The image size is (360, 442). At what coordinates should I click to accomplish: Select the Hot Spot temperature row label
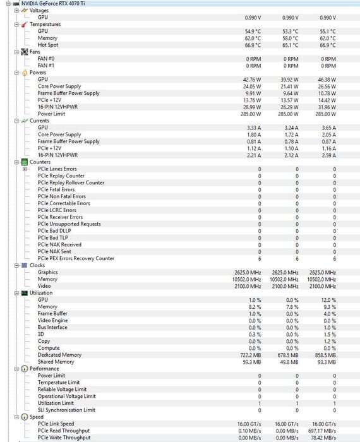coord(48,45)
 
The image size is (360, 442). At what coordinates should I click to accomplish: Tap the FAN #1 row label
coord(46,65)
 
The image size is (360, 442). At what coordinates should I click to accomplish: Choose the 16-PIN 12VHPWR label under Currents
coord(57,155)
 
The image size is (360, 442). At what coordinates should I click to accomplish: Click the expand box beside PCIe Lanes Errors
coord(25,169)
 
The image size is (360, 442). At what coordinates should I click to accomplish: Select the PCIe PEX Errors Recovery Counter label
coord(76,258)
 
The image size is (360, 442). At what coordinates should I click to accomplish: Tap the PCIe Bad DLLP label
coord(54,230)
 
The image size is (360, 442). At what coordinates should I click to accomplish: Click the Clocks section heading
coord(37,265)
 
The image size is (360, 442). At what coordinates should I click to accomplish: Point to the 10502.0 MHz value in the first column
coord(248,279)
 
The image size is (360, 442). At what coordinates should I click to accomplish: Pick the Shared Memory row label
coord(56,362)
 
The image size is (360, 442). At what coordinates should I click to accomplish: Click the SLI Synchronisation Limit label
coord(67,410)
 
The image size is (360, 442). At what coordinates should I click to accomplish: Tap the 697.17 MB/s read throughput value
coord(322,431)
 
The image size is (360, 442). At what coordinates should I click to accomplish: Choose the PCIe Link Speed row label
coord(56,424)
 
